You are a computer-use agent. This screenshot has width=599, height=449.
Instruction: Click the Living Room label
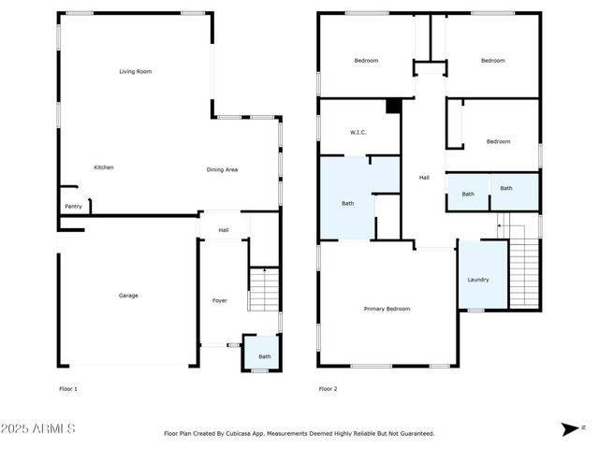135,71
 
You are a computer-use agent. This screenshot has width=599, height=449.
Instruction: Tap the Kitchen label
104,167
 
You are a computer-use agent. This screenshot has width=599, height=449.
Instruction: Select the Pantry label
72,207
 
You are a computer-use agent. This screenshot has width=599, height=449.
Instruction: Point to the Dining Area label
222,169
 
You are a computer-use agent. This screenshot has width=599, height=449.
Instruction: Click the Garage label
128,296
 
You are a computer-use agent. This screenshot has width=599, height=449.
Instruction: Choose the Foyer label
220,301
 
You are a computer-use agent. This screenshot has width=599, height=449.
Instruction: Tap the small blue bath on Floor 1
265,356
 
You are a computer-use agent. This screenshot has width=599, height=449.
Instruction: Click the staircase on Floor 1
266,289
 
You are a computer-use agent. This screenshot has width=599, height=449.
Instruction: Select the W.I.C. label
358,132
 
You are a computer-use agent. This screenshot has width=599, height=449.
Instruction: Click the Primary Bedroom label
387,309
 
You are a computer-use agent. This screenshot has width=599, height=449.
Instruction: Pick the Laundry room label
477,280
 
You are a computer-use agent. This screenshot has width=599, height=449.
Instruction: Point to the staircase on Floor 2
524,271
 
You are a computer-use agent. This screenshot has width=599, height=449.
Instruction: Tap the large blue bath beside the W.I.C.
347,203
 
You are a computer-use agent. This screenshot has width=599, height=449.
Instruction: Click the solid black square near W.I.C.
394,106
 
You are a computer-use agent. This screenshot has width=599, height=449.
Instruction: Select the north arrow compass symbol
569,428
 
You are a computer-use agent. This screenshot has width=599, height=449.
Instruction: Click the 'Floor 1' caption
68,388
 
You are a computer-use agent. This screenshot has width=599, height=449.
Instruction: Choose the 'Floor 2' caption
328,388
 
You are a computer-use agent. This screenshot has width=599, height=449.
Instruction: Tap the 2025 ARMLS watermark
38,428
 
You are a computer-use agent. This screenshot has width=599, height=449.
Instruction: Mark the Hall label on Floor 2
424,178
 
